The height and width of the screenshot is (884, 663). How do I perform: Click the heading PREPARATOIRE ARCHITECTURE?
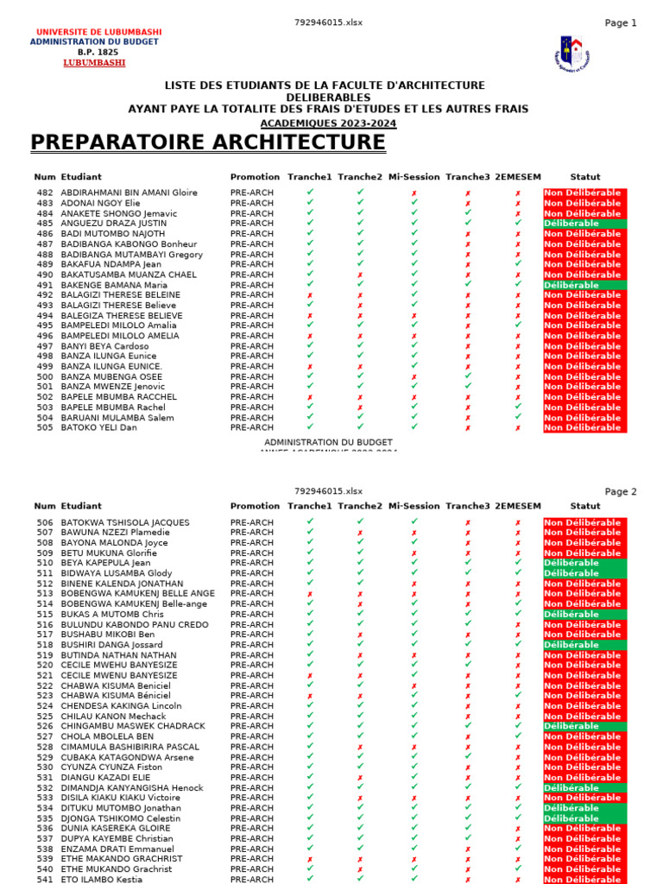coord(208,142)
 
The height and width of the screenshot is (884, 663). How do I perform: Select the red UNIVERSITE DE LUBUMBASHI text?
coord(98,32)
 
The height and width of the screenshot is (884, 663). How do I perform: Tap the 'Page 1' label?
coord(621,23)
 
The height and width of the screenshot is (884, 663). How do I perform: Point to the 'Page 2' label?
coord(621,492)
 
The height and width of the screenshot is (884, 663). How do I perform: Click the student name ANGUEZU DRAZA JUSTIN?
coord(113,224)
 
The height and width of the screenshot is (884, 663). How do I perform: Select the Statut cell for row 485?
coord(585,224)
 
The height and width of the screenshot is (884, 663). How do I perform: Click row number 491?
coord(45,285)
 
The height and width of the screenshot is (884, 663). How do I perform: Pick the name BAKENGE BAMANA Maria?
coord(114,285)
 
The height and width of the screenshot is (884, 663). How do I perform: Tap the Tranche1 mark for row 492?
coord(310,295)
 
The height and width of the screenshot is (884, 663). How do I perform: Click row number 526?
coord(45,726)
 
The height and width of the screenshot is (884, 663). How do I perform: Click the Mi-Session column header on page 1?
coord(414,177)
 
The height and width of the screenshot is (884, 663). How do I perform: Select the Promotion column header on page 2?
coord(255,506)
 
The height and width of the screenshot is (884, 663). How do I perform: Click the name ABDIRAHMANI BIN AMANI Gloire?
coord(129,193)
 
